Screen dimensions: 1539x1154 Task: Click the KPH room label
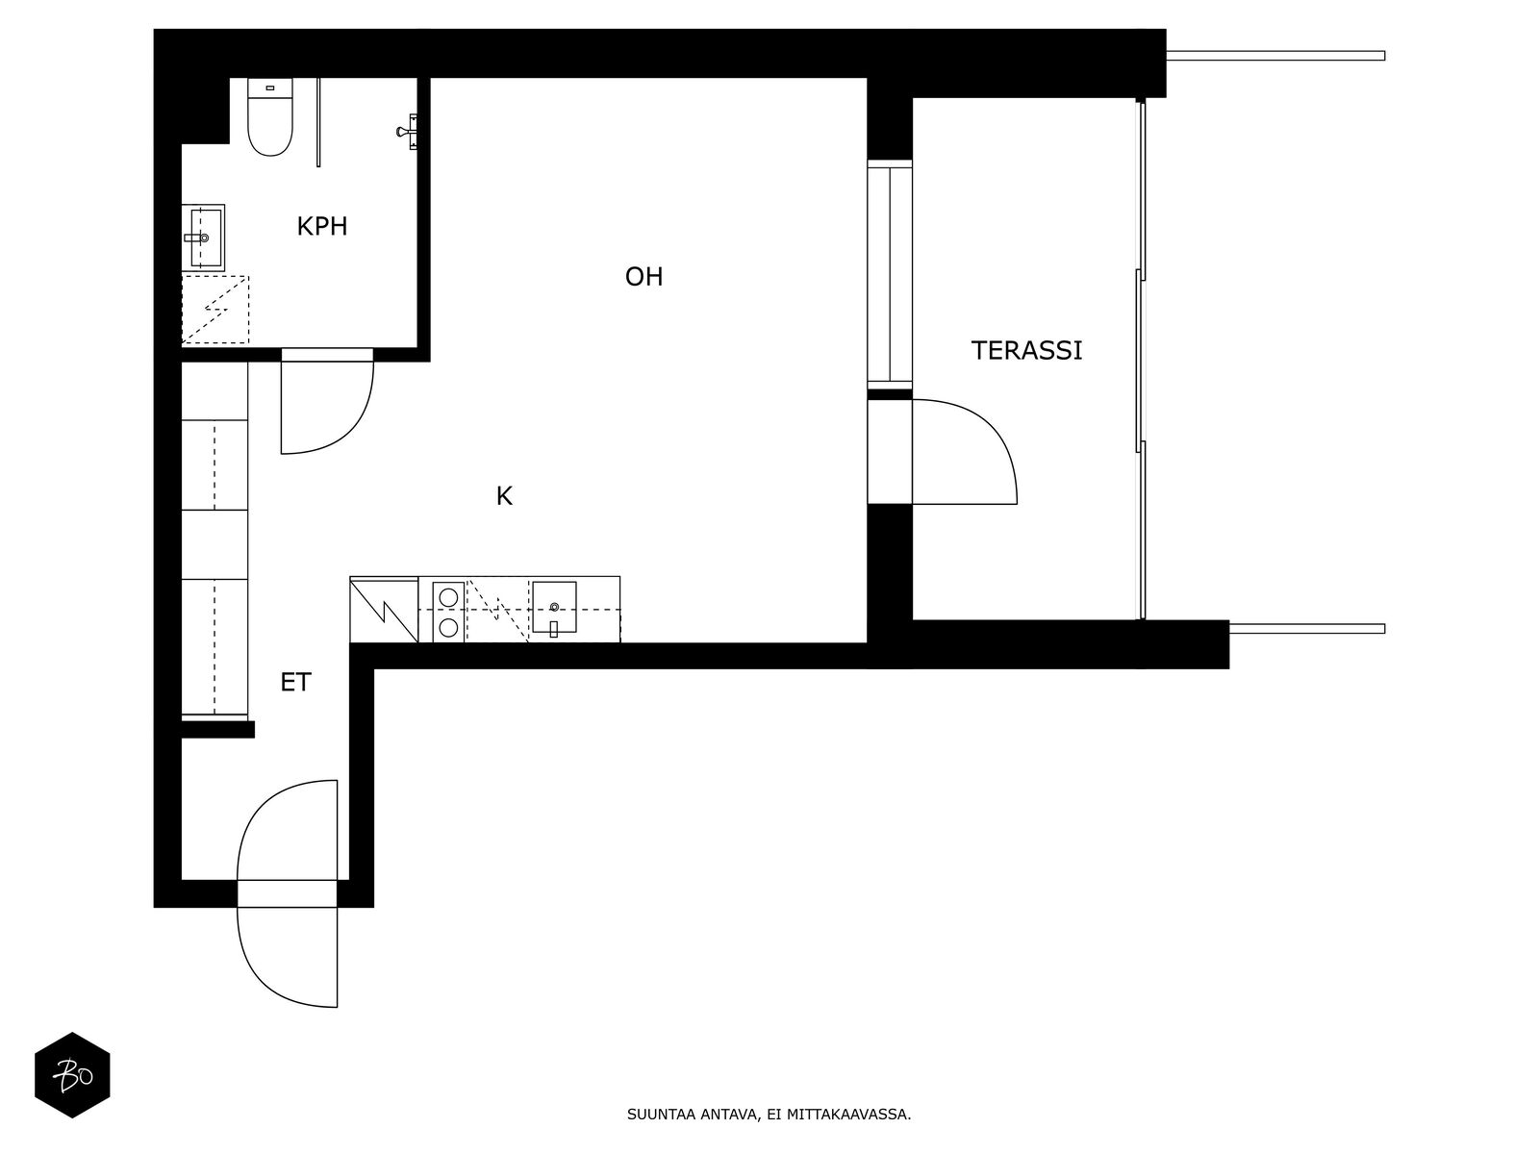[322, 226]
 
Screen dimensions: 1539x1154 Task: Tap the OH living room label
[643, 277]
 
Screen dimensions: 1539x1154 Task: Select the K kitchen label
[504, 496]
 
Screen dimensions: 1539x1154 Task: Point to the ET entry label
[295, 682]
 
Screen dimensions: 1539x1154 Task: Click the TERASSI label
[1026, 350]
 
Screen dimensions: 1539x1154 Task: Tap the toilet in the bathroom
[270, 117]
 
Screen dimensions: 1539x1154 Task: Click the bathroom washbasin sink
[204, 238]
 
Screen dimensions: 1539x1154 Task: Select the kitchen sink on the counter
[554, 608]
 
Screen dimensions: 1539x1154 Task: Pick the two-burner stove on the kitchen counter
[448, 612]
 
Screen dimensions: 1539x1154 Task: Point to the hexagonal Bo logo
[72, 1075]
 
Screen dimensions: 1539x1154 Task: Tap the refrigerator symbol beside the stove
[384, 610]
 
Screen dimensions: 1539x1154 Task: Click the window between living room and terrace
[890, 275]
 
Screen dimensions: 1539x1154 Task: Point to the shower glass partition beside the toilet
[318, 123]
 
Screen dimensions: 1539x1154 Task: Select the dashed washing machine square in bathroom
[215, 310]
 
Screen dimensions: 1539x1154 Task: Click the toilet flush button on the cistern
[270, 89]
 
